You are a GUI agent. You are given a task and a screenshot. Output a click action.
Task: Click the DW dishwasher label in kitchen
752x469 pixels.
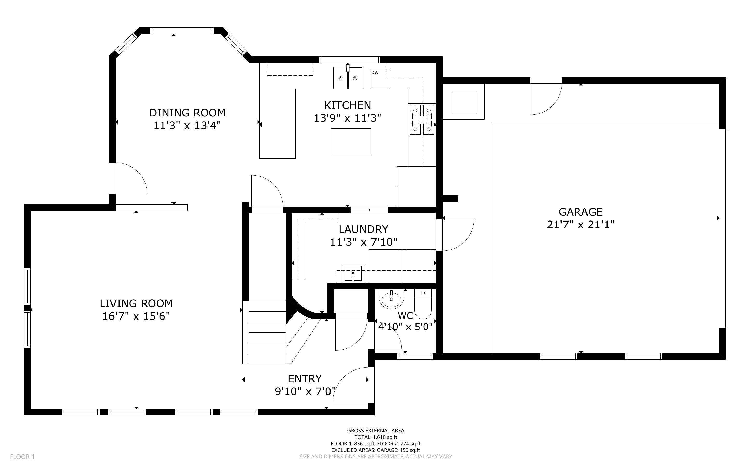[x=375, y=73]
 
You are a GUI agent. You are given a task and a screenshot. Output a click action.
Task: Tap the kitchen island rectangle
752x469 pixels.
[x=351, y=141]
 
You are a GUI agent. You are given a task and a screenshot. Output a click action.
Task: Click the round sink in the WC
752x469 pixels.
[x=391, y=299]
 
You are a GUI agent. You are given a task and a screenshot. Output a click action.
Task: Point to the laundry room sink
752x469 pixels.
[x=353, y=273]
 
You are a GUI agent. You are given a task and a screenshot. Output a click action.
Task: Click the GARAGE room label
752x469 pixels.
[x=581, y=212]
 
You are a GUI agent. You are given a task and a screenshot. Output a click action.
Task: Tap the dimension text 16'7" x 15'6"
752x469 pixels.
[x=136, y=316]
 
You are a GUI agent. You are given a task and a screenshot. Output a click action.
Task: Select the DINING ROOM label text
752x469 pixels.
[x=187, y=113]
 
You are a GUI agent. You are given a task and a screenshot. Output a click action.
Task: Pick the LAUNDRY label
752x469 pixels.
[x=363, y=229]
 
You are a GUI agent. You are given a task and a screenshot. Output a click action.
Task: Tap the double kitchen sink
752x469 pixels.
[x=348, y=78]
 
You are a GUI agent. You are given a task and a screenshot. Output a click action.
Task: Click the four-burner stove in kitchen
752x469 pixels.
[x=422, y=119]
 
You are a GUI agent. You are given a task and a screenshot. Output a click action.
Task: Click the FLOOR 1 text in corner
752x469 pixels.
[x=22, y=457]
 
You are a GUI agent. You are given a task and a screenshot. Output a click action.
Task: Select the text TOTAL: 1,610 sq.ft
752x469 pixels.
[x=375, y=437]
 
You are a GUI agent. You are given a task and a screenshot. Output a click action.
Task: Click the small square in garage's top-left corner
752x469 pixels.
[x=464, y=103]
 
